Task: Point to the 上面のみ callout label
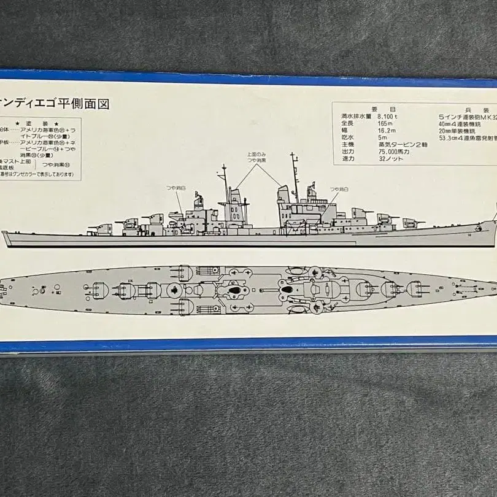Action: coord(256,155)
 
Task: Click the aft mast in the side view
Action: coord(295,172)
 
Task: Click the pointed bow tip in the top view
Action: coord(495,287)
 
